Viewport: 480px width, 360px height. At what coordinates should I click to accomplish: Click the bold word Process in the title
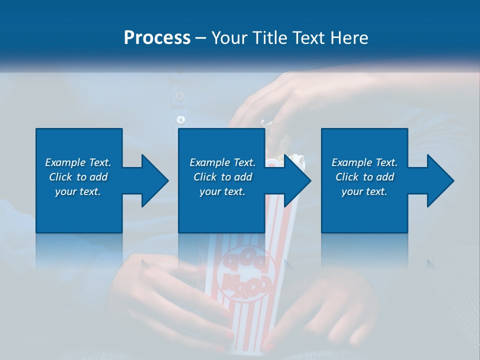(157, 38)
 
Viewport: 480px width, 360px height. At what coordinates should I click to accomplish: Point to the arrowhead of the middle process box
(297, 180)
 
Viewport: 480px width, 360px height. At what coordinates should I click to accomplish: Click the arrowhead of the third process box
(440, 180)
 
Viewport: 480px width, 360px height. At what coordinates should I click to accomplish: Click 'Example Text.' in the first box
(78, 162)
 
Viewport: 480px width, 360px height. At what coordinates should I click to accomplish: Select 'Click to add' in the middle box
(222, 177)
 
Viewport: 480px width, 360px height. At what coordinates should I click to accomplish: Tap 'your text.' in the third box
(364, 191)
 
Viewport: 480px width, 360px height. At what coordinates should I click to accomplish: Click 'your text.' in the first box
(78, 191)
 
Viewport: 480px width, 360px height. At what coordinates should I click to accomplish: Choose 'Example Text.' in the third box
(364, 162)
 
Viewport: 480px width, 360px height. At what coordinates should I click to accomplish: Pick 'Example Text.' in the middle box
(222, 162)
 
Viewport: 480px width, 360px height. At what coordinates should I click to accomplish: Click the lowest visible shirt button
(181, 119)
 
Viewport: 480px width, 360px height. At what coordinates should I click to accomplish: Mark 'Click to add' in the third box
(364, 177)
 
